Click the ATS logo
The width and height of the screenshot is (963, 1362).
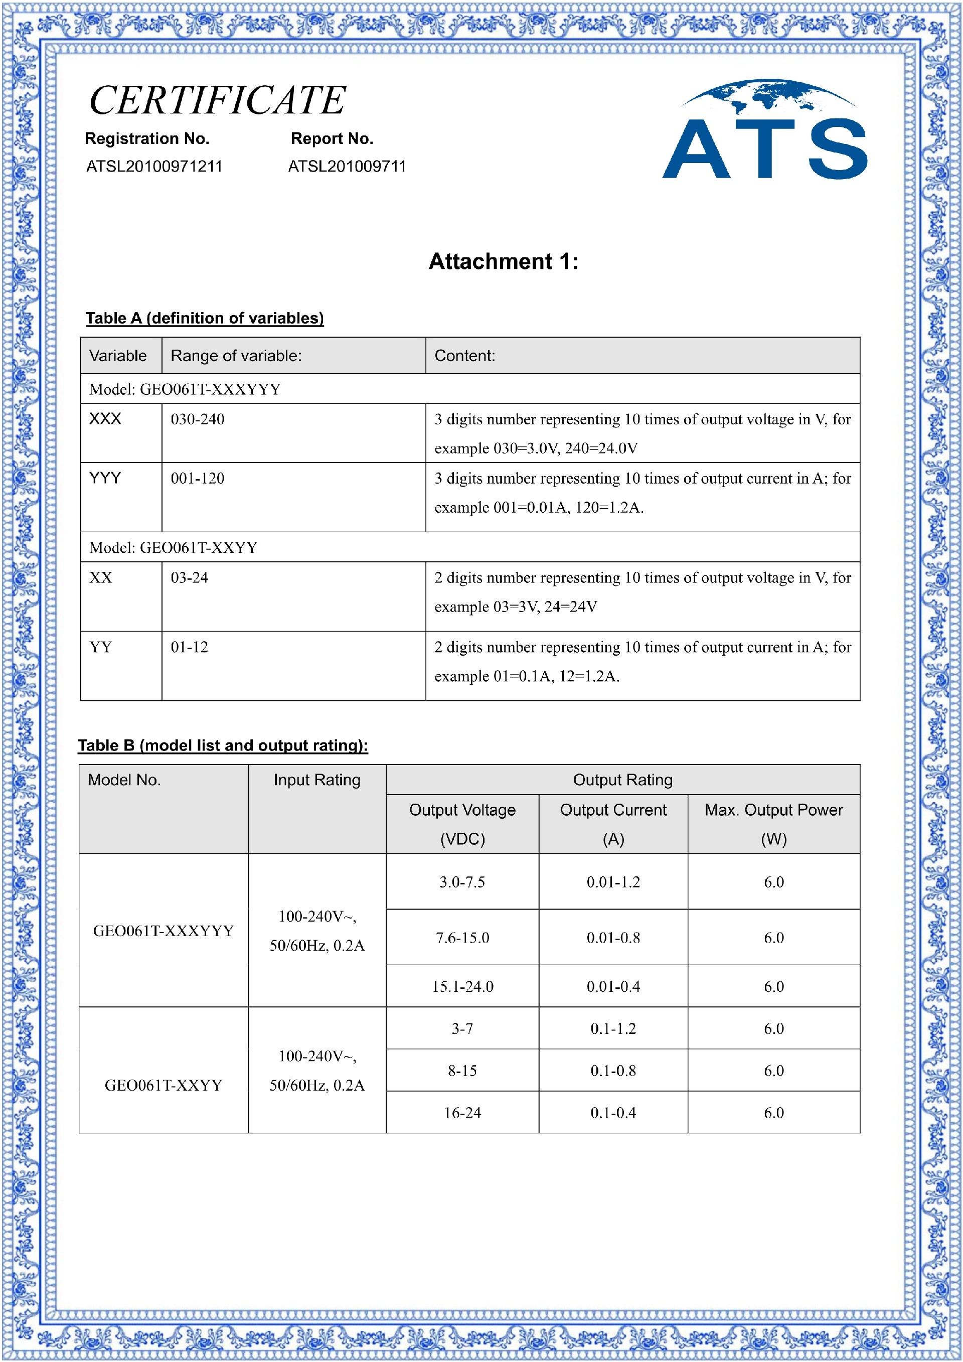[764, 130]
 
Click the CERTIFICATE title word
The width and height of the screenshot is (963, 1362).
[218, 100]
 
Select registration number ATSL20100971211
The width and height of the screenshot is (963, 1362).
[154, 166]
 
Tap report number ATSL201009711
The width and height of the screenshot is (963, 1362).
[347, 166]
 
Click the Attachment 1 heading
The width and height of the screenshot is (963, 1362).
[503, 261]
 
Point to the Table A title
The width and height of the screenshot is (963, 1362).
[205, 318]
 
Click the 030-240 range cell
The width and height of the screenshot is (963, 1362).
[198, 419]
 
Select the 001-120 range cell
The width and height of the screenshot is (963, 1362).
[198, 479]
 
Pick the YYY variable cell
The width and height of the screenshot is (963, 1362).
[105, 478]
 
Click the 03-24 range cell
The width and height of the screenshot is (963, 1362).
[189, 578]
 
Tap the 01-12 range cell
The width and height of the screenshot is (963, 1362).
[189, 647]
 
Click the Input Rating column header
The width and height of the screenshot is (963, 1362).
[316, 780]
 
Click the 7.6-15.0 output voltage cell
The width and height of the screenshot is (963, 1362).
[462, 938]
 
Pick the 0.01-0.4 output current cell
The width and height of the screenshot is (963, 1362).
[613, 986]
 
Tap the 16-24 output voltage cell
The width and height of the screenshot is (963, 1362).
[462, 1113]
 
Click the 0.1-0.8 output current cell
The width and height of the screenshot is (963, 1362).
[613, 1071]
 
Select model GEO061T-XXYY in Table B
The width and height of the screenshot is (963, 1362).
[163, 1086]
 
